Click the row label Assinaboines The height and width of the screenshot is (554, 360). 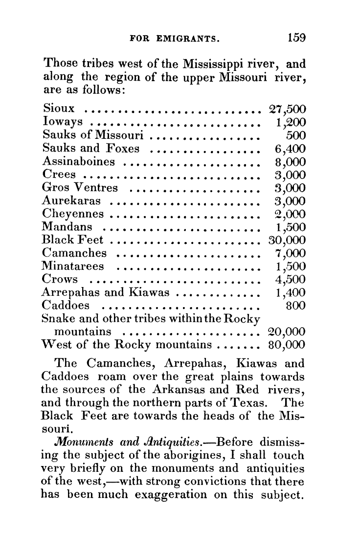point(79,161)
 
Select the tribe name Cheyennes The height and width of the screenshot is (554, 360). point(73,214)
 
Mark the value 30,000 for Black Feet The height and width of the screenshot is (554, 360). point(287,240)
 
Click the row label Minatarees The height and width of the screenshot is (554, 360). point(73,266)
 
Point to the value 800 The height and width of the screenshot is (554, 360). point(295,306)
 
